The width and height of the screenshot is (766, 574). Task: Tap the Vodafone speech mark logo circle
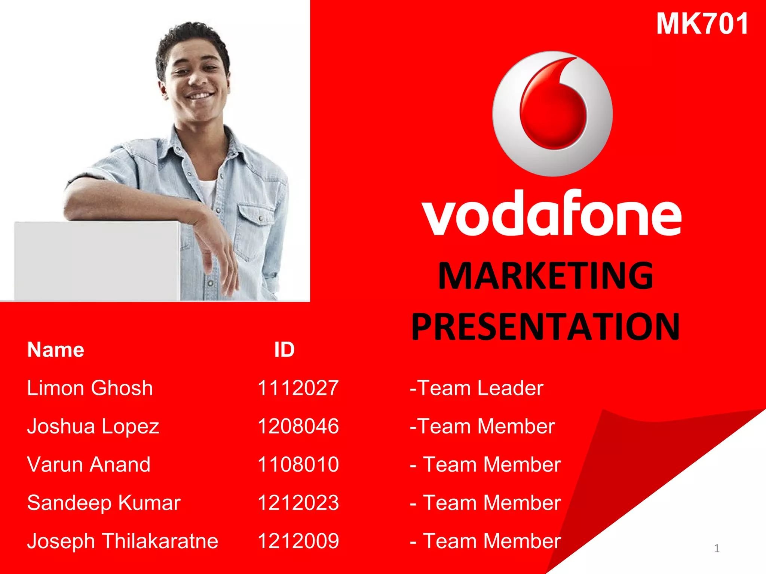click(x=552, y=114)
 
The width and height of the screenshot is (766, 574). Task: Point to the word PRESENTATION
click(x=546, y=327)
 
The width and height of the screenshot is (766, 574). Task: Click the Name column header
click(x=56, y=350)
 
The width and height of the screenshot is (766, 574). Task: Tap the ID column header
click(x=284, y=350)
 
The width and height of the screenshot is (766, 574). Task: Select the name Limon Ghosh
click(x=90, y=388)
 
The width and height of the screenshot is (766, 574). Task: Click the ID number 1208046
click(x=298, y=426)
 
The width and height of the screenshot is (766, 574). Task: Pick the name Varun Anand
click(x=89, y=465)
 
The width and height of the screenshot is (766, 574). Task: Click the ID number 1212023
click(x=298, y=503)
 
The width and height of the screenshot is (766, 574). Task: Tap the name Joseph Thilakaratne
click(x=123, y=541)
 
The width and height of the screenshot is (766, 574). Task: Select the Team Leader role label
click(x=477, y=388)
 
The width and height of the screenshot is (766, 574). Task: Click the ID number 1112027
click(x=298, y=388)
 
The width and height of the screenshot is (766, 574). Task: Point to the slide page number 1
click(x=717, y=549)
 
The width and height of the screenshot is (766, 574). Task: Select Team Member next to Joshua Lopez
click(x=482, y=426)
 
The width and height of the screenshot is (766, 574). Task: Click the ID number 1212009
click(x=298, y=541)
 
